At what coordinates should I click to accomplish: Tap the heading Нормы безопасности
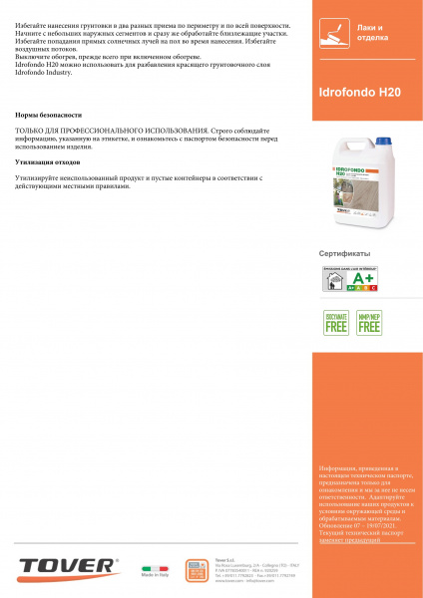[x=49, y=115]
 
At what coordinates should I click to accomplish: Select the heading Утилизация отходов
[x=49, y=160]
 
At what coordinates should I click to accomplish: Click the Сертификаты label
[x=344, y=253]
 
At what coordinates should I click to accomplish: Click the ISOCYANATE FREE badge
[x=335, y=322]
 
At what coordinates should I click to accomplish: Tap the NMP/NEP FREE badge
[x=369, y=322]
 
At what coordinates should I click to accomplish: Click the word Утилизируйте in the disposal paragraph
[x=38, y=176]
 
